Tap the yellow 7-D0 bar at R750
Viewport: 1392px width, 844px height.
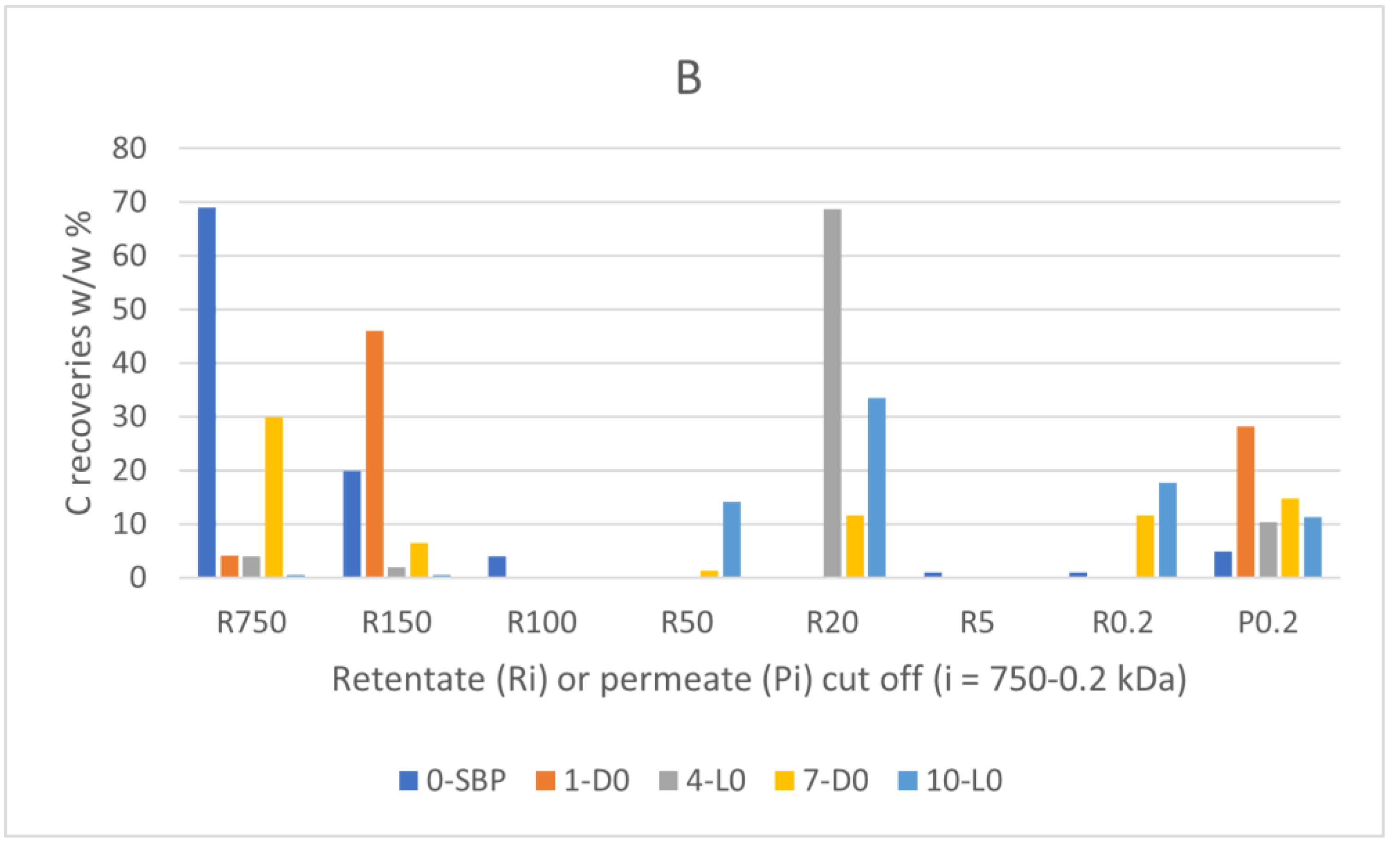coord(274,497)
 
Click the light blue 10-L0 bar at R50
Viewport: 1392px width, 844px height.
coord(732,539)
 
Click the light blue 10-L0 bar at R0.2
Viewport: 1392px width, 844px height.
coord(1168,529)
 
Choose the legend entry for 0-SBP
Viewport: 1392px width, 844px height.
coord(452,781)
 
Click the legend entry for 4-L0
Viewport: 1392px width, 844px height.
coord(702,781)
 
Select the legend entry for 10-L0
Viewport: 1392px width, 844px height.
coord(950,781)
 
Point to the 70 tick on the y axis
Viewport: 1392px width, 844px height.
coord(130,202)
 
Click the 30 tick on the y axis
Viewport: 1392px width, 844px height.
coord(130,417)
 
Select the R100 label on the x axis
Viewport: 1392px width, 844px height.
coord(542,623)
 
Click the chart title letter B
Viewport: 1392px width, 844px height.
coord(689,78)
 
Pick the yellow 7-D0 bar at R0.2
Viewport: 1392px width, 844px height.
coord(1145,546)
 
